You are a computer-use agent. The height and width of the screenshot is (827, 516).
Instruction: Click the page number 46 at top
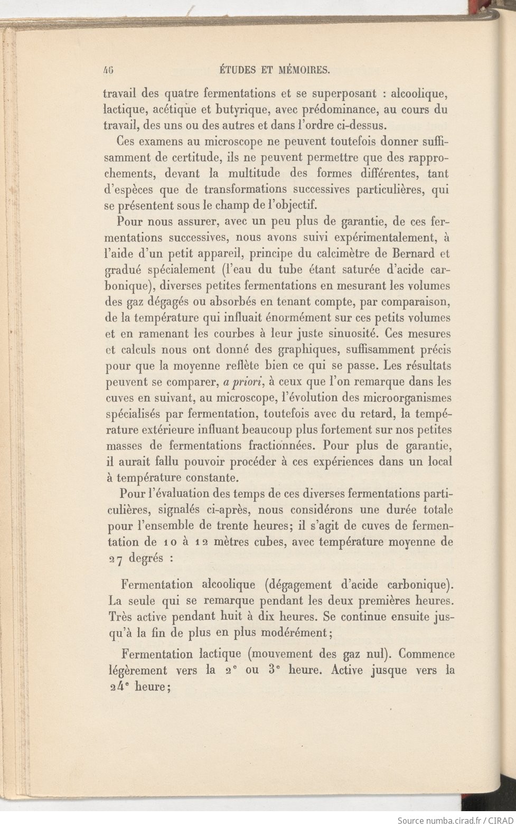tap(110, 69)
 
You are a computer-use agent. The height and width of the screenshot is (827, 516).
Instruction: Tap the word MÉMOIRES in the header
tap(305, 69)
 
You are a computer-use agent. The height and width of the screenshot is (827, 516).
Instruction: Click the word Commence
tap(427, 654)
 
